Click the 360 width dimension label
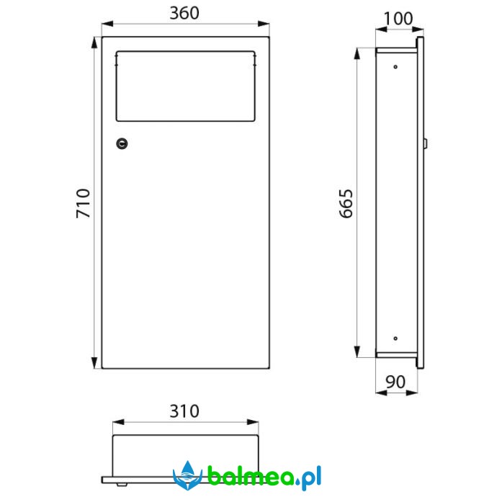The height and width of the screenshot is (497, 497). [184, 13]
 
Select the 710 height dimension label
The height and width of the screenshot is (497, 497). [83, 203]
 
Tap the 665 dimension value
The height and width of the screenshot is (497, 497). [346, 204]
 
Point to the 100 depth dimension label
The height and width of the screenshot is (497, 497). [398, 19]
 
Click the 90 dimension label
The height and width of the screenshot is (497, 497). [395, 382]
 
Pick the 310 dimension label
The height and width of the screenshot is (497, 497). [184, 411]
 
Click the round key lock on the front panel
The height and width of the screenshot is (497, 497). [122, 143]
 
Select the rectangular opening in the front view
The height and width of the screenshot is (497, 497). [185, 86]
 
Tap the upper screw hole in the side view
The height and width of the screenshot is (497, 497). [395, 67]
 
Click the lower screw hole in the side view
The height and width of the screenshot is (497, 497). [395, 339]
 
